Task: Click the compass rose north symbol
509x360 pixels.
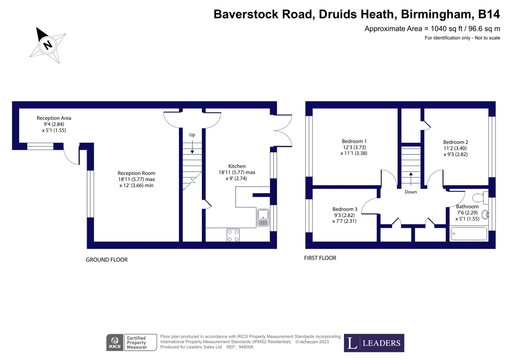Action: click(48, 45)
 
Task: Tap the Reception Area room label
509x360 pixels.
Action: click(54, 124)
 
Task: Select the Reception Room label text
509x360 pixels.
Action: click(137, 179)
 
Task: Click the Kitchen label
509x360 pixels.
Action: click(237, 172)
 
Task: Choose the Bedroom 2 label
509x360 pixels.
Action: click(455, 148)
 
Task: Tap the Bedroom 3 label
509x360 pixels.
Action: click(345, 215)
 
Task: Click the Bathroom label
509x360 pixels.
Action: click(467, 212)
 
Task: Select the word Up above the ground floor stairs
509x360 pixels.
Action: click(192, 135)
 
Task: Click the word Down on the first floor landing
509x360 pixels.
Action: click(411, 192)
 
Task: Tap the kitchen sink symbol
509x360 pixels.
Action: click(262, 215)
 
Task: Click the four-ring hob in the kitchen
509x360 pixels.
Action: click(233, 235)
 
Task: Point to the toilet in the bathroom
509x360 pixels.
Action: click(481, 196)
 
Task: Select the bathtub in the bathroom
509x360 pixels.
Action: click(469, 234)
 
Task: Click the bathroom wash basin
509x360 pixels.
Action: click(485, 215)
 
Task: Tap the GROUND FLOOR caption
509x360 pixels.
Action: click(107, 260)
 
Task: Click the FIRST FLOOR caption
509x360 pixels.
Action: click(320, 258)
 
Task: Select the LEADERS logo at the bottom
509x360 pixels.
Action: click(374, 343)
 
